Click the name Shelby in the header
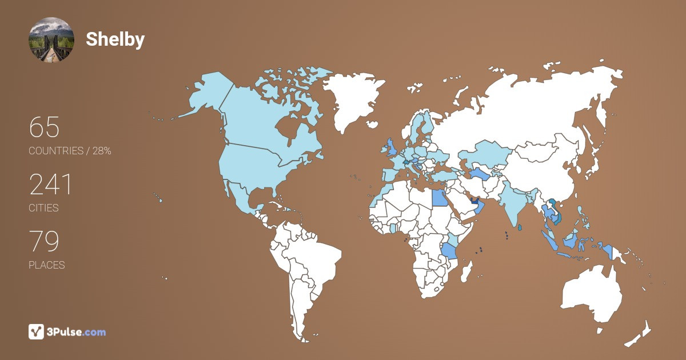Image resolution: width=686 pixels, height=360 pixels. [x=115, y=39]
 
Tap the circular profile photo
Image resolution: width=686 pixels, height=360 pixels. [x=51, y=39]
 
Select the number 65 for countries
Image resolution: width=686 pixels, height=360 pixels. [x=44, y=127]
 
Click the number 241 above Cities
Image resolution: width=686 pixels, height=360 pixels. [x=50, y=185]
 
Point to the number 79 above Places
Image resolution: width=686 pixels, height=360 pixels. [x=44, y=242]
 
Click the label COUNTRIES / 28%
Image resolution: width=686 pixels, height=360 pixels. [x=70, y=151]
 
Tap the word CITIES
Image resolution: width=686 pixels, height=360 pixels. [x=43, y=208]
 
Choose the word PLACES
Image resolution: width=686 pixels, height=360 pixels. [x=46, y=265]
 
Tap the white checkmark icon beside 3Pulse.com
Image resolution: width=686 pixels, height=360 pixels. [x=37, y=331]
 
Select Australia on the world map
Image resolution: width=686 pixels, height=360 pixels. [x=592, y=294]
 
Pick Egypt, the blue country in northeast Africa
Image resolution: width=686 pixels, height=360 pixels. [x=440, y=198]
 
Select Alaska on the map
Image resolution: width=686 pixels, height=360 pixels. [x=206, y=97]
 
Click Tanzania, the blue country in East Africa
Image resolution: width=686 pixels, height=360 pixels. [x=449, y=250]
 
